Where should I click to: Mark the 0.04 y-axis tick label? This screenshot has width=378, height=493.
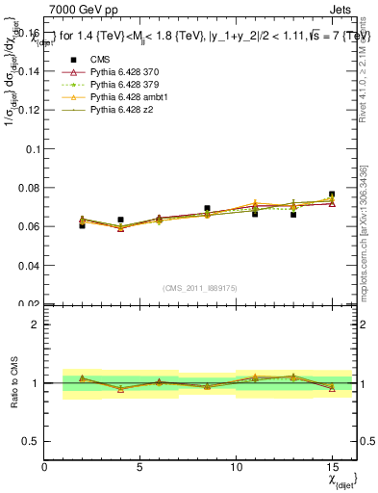coord(27,265)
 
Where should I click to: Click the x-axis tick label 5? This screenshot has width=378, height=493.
coord(140,467)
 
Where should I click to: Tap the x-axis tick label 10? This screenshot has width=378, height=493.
coord(236,467)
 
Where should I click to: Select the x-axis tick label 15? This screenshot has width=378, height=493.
coord(332,467)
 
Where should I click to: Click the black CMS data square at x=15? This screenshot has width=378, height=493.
coord(332,195)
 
